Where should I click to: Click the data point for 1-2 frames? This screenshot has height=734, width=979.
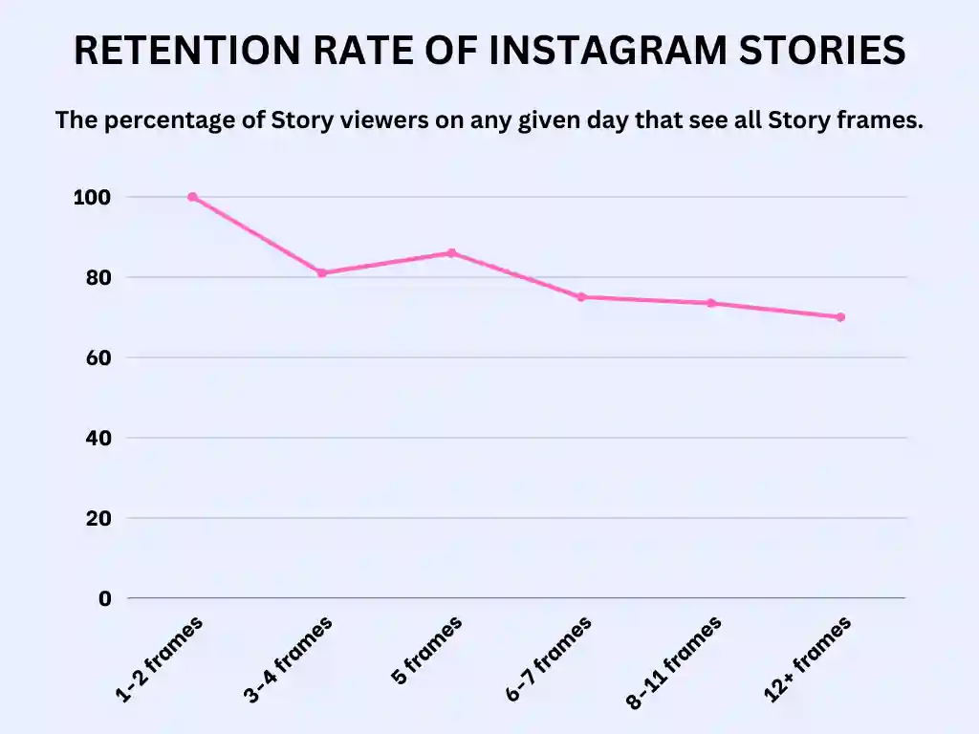[x=192, y=197]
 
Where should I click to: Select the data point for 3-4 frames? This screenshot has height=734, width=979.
[x=322, y=273]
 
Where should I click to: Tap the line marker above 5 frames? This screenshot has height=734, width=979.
[x=452, y=253]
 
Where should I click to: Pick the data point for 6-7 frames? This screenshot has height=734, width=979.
[x=581, y=297]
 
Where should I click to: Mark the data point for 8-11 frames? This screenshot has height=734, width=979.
[x=711, y=303]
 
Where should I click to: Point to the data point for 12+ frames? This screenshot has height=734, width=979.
[x=840, y=317]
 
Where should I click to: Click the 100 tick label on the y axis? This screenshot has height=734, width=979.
[x=92, y=197]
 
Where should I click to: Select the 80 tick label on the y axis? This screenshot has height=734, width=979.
[x=98, y=277]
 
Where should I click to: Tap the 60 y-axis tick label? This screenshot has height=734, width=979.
[x=98, y=357]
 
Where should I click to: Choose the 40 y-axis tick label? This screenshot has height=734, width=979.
[x=98, y=438]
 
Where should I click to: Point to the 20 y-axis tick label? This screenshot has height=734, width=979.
[x=98, y=518]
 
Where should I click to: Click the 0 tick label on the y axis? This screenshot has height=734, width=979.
[x=104, y=598]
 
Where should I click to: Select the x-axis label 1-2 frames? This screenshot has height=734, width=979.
[x=160, y=660]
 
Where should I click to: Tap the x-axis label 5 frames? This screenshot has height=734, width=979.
[x=427, y=651]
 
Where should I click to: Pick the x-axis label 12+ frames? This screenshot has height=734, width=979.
[x=808, y=660]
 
